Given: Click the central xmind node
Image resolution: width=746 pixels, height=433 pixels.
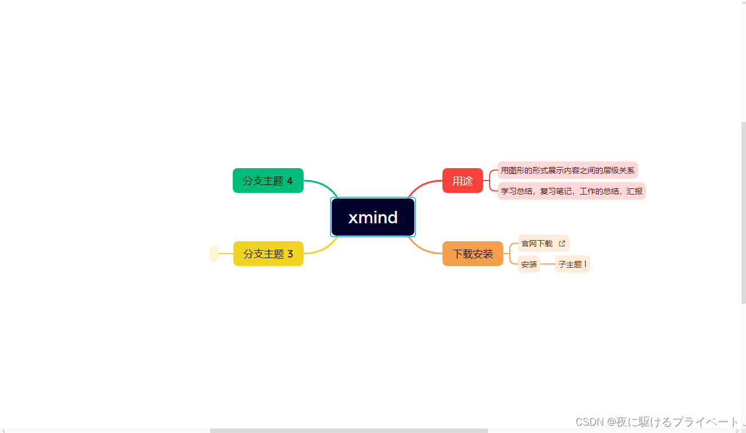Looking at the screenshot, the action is point(373,217).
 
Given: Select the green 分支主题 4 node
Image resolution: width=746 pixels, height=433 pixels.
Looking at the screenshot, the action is point(268,181).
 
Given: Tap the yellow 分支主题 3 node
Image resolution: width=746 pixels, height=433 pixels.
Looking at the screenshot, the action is point(268,254).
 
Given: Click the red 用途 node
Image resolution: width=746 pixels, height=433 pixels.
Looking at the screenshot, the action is point(463,181).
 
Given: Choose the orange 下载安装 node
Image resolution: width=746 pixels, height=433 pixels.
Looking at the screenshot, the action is point(473,254).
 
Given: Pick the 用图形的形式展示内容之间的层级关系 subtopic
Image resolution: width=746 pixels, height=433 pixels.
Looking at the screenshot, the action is point(567,170).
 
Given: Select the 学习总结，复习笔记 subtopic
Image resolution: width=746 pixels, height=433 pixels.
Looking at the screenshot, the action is point(571,191).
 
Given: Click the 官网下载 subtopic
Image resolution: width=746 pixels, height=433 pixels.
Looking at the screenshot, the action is point(537,243).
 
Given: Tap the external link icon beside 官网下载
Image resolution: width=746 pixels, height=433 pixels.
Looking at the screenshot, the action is point(562,243).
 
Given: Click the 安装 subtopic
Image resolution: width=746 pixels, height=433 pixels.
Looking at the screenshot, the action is point(529,264).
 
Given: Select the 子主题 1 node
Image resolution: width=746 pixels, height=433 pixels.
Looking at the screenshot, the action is point(572,264).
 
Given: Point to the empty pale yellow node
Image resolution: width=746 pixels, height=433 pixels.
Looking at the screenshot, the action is point(214,254).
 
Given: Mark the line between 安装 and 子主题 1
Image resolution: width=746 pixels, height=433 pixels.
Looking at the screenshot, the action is point(548,264).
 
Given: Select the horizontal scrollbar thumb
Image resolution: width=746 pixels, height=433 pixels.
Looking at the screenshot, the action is point(349,431).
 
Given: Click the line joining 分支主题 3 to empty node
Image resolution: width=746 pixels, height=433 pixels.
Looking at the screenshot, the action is point(225,254).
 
